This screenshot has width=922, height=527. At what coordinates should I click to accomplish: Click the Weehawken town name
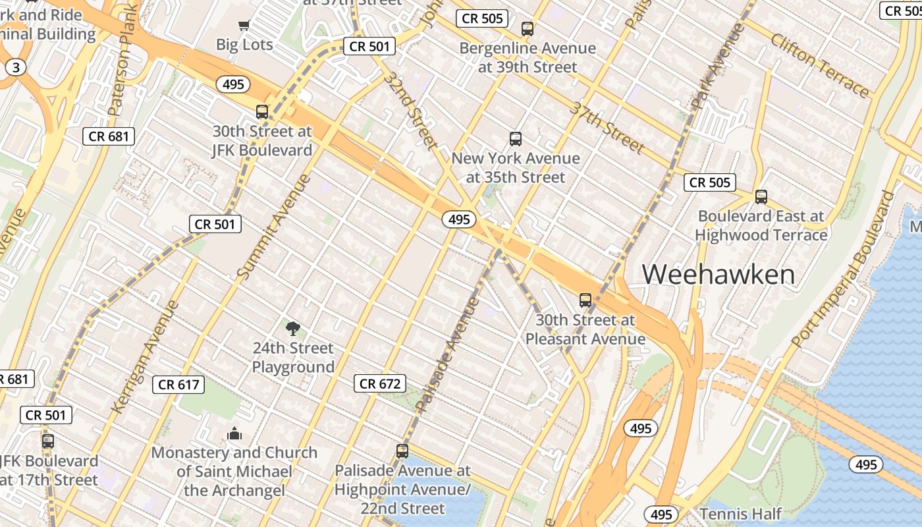pyautogui.click(x=719, y=274)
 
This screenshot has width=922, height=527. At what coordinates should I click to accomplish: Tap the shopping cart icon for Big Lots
pyautogui.click(x=244, y=26)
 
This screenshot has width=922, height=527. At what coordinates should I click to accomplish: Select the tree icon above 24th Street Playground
pyautogui.click(x=293, y=328)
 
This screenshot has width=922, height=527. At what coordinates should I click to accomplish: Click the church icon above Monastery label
pyautogui.click(x=234, y=433)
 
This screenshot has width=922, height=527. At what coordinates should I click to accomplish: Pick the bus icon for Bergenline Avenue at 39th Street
pyautogui.click(x=527, y=29)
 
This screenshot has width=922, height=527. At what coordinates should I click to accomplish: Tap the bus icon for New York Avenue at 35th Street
pyautogui.click(x=516, y=139)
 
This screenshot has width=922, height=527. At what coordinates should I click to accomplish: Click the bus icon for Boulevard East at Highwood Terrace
pyautogui.click(x=761, y=196)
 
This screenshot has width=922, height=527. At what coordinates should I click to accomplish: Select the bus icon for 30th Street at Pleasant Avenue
pyautogui.click(x=585, y=300)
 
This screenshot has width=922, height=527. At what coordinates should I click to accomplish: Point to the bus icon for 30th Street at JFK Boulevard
pyautogui.click(x=262, y=112)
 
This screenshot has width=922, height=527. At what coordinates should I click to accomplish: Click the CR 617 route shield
pyautogui.click(x=178, y=384)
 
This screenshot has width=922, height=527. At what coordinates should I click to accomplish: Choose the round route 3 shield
pyautogui.click(x=16, y=67)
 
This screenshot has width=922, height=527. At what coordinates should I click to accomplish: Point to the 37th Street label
pyautogui.click(x=607, y=127)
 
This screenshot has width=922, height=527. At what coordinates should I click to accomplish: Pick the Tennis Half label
pyautogui.click(x=741, y=514)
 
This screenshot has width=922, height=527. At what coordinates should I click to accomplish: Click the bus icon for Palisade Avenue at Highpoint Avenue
pyautogui.click(x=402, y=451)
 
